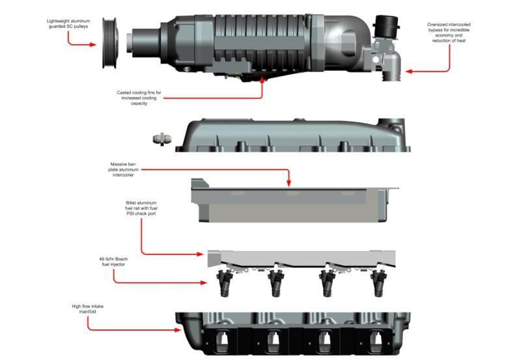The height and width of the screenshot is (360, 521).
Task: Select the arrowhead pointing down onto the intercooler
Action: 289,183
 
